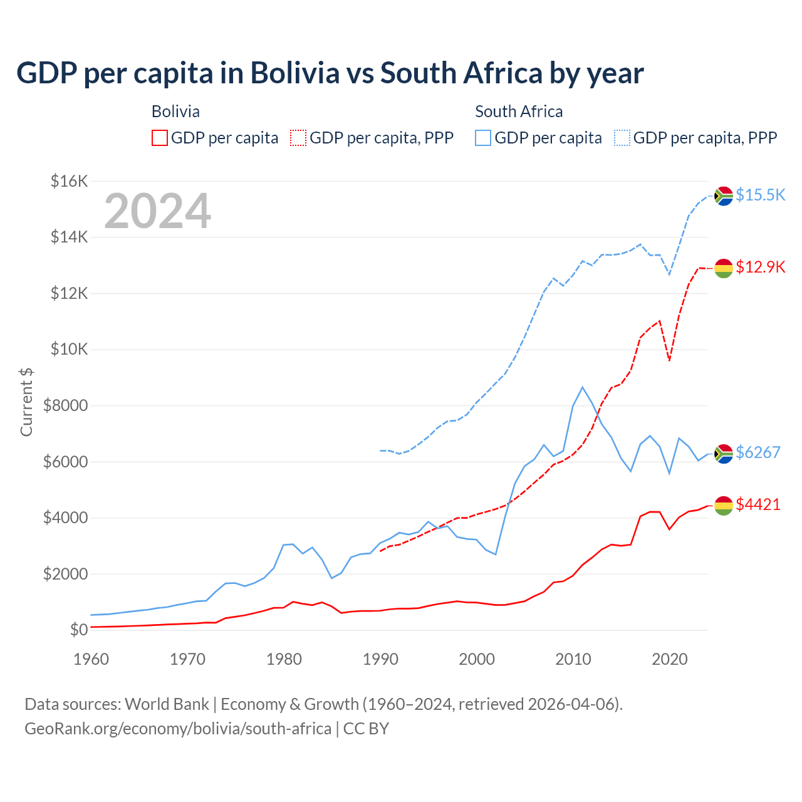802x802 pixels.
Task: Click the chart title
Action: click(330, 73)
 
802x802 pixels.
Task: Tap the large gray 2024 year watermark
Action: click(157, 211)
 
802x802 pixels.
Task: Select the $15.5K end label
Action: click(760, 195)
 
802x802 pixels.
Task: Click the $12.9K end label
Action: click(760, 268)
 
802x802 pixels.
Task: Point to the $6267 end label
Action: click(758, 452)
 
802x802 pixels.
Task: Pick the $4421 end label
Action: click(758, 504)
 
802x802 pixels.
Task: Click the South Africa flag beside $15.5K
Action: click(724, 196)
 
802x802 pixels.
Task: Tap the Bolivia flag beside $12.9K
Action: click(724, 268)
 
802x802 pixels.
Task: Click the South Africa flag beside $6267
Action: click(724, 453)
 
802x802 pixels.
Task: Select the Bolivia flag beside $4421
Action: click(724, 505)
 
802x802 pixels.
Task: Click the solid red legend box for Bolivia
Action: click(160, 138)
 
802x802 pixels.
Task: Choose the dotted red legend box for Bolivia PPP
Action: click(299, 138)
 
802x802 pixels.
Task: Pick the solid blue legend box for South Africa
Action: click(483, 138)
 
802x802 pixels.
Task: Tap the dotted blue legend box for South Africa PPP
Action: click(622, 138)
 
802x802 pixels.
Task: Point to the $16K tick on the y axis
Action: click(69, 182)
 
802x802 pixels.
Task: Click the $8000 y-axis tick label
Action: click(65, 406)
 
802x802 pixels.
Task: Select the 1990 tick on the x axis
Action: click(380, 659)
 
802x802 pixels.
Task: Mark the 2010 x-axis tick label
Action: click(573, 659)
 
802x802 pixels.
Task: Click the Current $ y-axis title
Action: click(26, 402)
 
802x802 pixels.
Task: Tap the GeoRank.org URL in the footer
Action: click(178, 729)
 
